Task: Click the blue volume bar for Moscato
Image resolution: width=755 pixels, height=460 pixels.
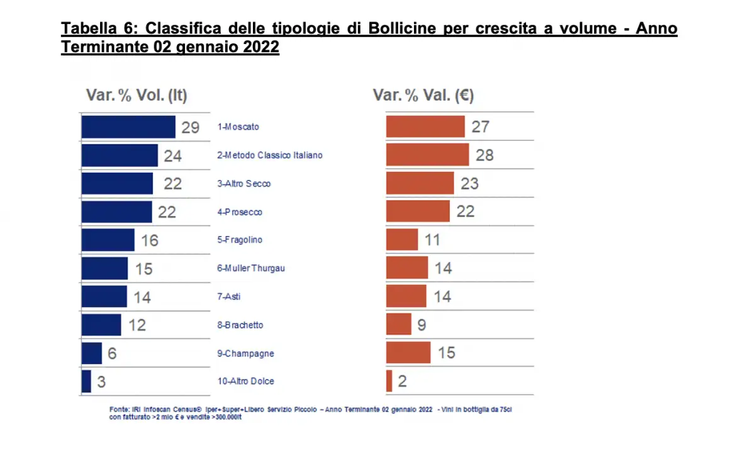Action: [x=128, y=127]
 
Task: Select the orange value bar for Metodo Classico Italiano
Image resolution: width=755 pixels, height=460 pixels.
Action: [x=427, y=155]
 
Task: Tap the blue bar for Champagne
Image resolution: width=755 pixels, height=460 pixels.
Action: [x=91, y=354]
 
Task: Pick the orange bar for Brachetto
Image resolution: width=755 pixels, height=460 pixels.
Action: [x=398, y=325]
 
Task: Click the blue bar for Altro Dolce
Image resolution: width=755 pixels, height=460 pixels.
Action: [x=86, y=381]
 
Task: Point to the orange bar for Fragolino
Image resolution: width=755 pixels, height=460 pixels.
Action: [x=401, y=240]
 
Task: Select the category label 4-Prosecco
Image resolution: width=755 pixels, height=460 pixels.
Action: [x=240, y=212]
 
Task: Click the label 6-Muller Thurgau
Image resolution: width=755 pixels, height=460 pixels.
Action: [x=251, y=269]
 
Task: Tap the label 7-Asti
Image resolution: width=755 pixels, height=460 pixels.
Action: [x=229, y=297]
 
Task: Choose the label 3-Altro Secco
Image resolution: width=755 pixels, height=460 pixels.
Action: [x=244, y=184]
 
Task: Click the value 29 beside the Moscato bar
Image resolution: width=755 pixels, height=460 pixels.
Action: [x=190, y=128]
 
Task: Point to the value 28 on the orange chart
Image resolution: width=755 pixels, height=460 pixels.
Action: [x=484, y=155]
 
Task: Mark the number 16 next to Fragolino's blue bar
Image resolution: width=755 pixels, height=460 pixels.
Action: [x=150, y=240]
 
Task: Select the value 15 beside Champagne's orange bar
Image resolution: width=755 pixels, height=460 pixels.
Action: [x=446, y=353]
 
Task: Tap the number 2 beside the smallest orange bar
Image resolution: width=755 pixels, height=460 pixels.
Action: [x=402, y=381]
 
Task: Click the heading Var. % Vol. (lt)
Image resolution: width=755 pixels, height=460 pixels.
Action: [x=137, y=96]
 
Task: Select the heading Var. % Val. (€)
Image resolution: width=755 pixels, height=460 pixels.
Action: [x=423, y=96]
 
